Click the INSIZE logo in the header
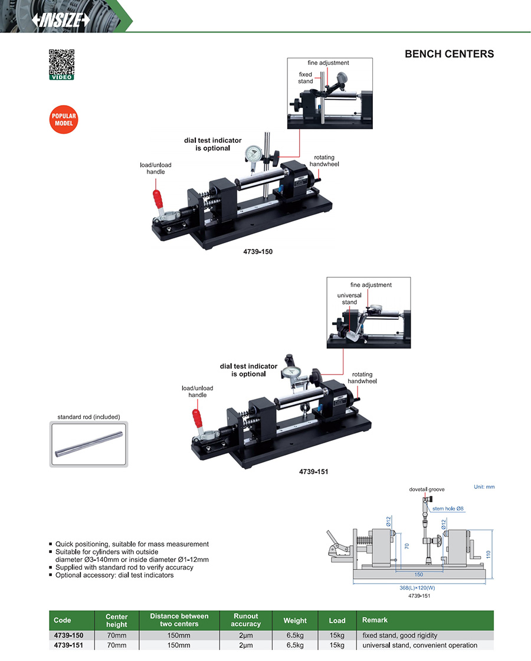(x=61, y=19)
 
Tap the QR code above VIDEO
(x=61, y=61)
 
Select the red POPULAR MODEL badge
(x=63, y=120)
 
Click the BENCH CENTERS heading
(x=449, y=54)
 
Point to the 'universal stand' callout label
(x=349, y=299)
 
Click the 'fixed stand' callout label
(x=305, y=78)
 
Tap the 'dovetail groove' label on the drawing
(x=427, y=489)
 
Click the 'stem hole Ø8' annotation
(x=448, y=508)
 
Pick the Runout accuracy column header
(x=246, y=620)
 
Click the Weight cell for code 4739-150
(x=294, y=636)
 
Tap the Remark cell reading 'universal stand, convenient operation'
(x=420, y=646)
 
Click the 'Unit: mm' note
(x=484, y=487)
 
